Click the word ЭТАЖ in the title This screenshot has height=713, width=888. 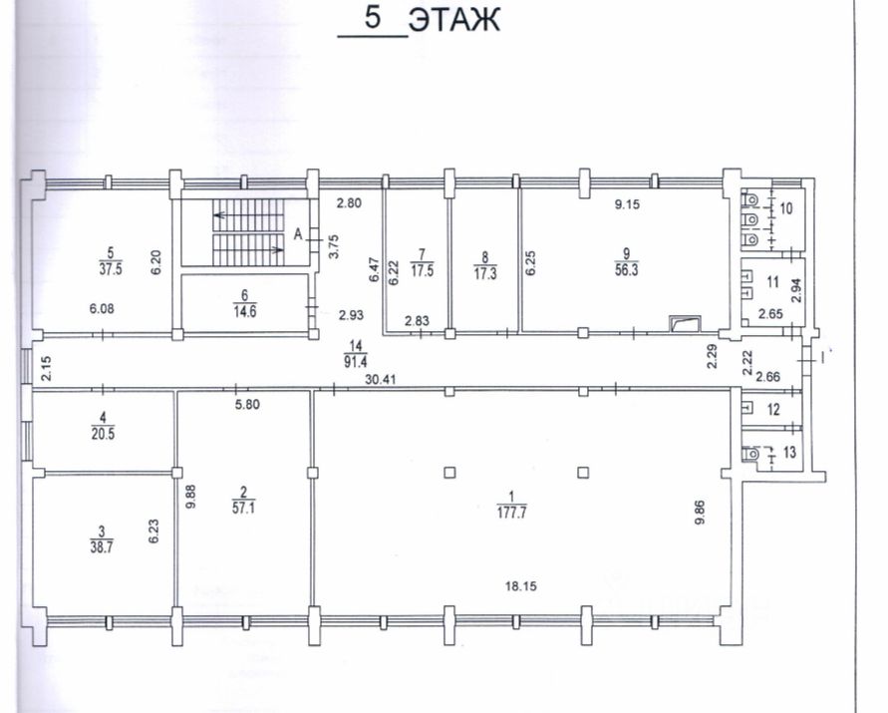tap(454, 20)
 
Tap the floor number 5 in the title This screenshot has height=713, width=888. tap(373, 17)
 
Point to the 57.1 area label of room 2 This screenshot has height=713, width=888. tap(243, 508)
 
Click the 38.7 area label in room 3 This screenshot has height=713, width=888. tap(102, 548)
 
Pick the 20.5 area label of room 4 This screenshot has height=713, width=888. tap(103, 434)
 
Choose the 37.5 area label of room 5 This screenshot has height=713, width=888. tap(111, 268)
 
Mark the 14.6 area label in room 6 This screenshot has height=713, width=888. tap(244, 311)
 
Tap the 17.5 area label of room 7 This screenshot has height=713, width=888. tap(422, 270)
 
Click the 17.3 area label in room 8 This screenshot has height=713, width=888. tap(485, 274)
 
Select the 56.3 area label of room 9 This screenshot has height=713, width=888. tap(626, 270)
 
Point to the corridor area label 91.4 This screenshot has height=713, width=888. tap(355, 362)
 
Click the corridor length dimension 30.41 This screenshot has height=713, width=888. tap(380, 379)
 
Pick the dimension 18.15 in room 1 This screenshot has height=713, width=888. tap(521, 586)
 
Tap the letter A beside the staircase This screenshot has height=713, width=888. tap(298, 234)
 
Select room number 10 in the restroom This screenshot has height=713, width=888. tap(786, 208)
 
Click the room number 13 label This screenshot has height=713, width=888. tap(789, 452)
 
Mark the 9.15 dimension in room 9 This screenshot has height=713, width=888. tap(628, 204)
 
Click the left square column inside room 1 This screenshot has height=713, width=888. tap(449, 472)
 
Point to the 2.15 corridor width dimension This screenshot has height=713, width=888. tap(47, 368)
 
